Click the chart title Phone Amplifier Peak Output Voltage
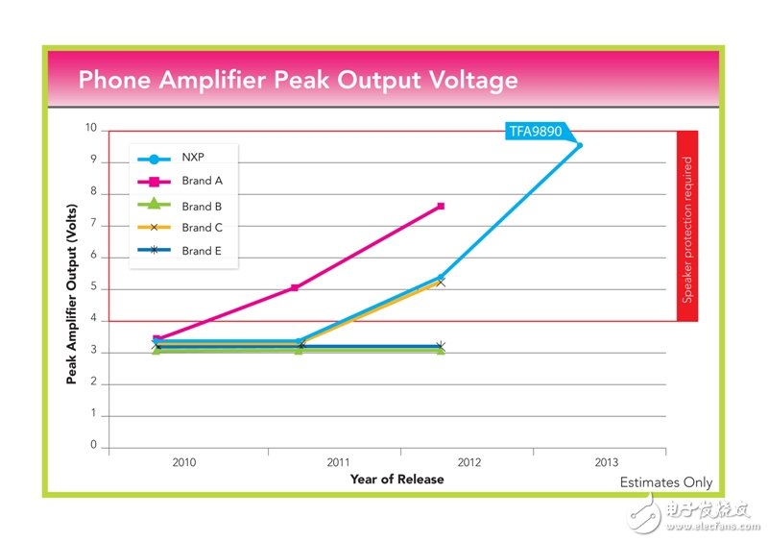298,79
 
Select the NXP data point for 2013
579,145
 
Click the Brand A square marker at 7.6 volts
441,206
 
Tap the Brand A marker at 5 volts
295,287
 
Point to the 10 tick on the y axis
90,128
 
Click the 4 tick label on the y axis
93,320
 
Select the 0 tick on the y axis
93,446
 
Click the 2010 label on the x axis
184,462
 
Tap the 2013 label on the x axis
607,462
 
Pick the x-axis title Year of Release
396,479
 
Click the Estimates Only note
665,482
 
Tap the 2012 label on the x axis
468,462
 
